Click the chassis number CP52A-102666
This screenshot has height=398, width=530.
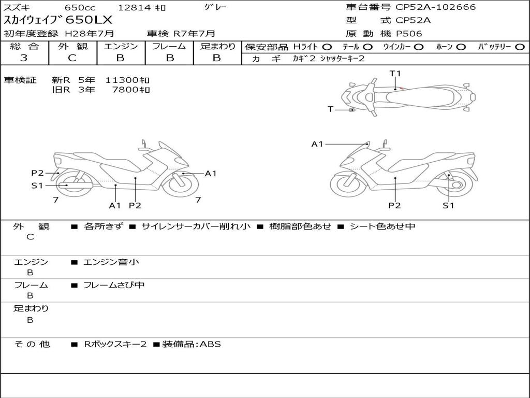click(435, 7)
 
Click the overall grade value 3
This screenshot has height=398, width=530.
click(24, 58)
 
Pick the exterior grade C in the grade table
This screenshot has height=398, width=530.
click(72, 58)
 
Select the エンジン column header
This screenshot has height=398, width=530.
click(120, 47)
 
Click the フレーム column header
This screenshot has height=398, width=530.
click(169, 47)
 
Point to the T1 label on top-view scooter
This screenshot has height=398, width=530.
click(395, 74)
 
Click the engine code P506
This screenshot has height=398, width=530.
click(409, 34)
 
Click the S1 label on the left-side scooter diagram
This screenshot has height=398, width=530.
click(37, 186)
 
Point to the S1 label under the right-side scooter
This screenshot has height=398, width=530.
click(448, 205)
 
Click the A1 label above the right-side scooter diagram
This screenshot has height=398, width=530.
click(317, 144)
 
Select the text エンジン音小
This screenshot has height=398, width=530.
click(111, 262)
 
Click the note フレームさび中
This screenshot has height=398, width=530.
click(114, 285)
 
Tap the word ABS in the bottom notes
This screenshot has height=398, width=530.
click(210, 344)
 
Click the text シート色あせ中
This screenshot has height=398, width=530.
click(382, 226)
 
